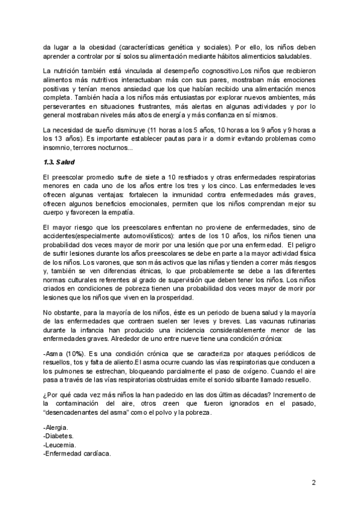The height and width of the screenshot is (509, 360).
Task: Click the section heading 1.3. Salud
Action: tap(59, 162)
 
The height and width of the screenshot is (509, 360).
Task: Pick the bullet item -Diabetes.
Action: tap(59, 436)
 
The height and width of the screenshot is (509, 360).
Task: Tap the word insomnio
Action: tap(59, 149)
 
